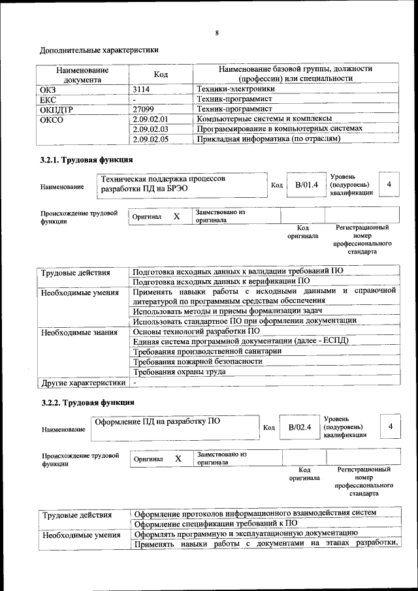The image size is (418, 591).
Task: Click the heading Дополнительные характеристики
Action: coord(99,50)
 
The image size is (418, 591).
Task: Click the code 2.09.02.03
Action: coord(150,129)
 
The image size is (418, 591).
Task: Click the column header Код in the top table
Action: coord(161,74)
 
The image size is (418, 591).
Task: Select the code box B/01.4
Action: coord(306,185)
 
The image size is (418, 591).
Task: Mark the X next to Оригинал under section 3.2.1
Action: coord(176,216)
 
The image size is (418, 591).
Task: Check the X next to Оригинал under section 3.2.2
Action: coord(178,459)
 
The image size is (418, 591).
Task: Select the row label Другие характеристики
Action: coord(83,381)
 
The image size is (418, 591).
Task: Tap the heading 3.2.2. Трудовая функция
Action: coord(88,402)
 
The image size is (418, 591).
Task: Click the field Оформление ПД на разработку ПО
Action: coord(157,421)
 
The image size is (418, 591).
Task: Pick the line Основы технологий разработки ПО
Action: coord(187,331)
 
